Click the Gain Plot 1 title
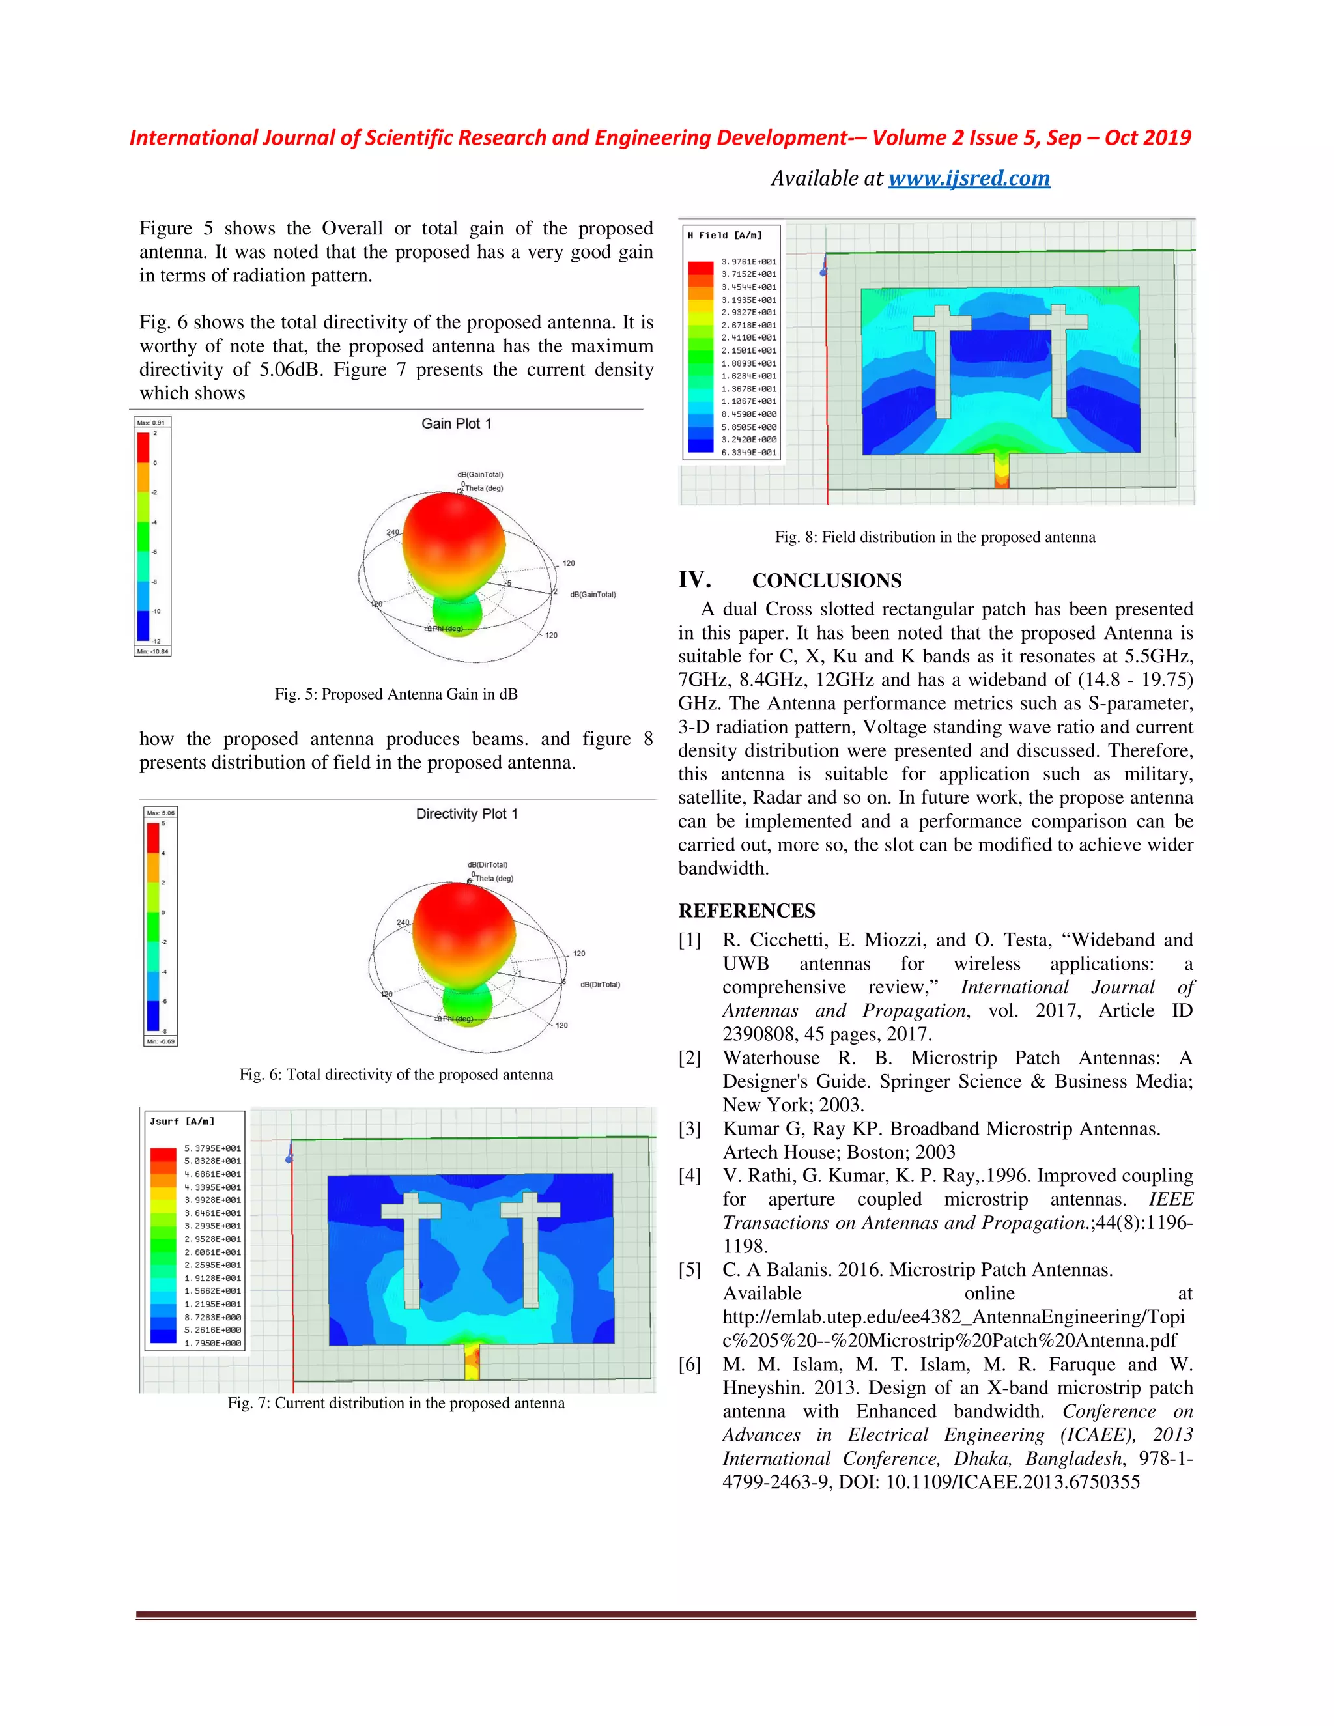(456, 423)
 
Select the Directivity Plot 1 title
(466, 814)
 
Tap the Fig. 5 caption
(396, 694)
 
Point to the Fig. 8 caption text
(935, 537)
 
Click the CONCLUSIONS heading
(826, 581)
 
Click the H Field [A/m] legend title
(725, 236)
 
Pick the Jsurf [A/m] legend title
(182, 1122)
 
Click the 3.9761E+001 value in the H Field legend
(748, 262)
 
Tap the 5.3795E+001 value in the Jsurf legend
(212, 1148)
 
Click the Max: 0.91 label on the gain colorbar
(151, 423)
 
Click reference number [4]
(690, 1176)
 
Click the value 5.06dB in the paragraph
(290, 370)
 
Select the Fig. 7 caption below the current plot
(396, 1403)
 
